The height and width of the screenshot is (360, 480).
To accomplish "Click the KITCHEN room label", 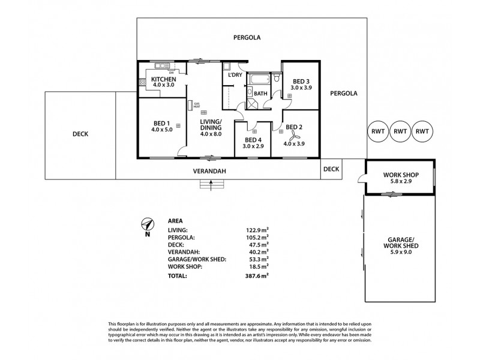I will click(163, 79).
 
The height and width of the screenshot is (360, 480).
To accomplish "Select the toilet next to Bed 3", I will click(275, 78).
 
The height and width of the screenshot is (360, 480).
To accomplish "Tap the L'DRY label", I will click(234, 76).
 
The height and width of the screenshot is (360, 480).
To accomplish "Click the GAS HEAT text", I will click(196, 106).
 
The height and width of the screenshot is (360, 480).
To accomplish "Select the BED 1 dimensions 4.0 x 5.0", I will click(161, 130).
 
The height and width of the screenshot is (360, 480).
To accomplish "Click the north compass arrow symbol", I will click(146, 225).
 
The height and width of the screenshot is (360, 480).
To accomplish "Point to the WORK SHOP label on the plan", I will click(400, 176).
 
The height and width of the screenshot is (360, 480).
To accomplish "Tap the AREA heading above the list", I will click(176, 220).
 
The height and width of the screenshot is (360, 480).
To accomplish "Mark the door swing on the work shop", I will click(360, 177).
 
